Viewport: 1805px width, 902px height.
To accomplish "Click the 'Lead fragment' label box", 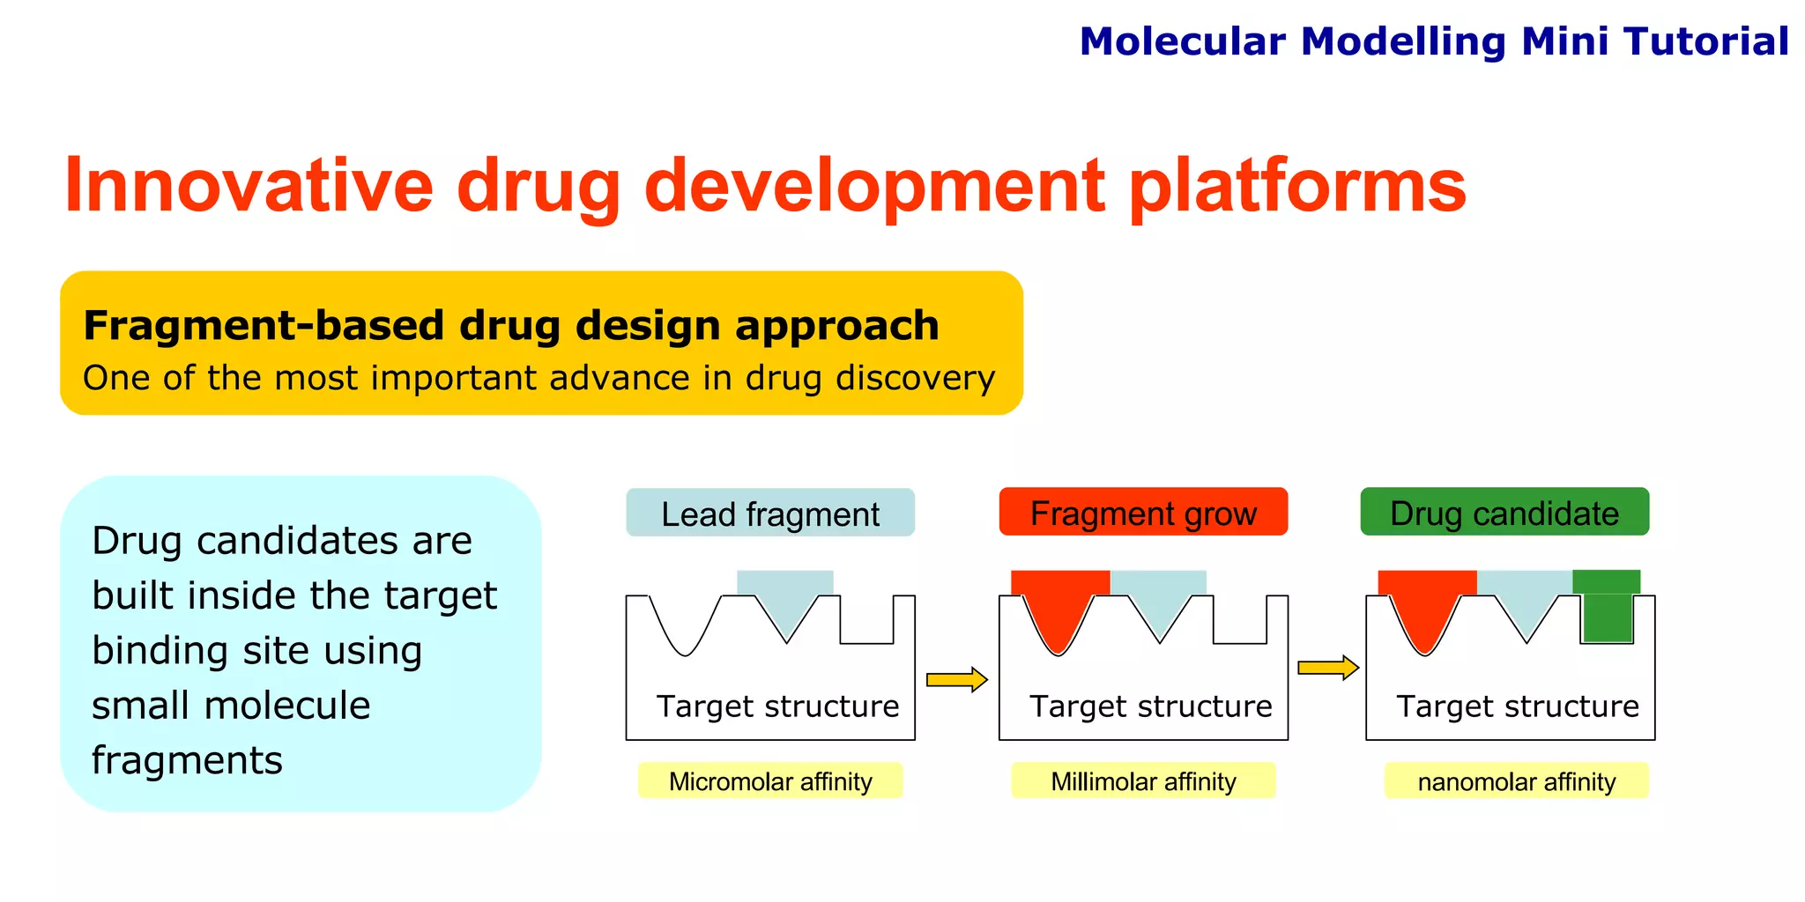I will pos(770,514).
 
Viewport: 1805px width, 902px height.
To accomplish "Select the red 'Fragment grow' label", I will pos(1143,513).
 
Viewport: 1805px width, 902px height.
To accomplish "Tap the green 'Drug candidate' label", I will pos(1504,513).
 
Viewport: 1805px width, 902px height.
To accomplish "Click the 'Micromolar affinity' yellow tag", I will pos(770,781).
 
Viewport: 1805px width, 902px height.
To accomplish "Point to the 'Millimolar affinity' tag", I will pos(1143,781).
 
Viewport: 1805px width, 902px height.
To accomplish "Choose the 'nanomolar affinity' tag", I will pos(1516,781).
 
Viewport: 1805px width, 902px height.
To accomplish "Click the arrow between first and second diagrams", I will pos(956,679).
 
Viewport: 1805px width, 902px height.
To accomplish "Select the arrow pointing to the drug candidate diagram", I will pos(1327,668).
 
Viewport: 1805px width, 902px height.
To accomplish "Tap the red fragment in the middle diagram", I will pos(1058,603).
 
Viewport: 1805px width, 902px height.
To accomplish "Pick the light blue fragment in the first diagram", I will pos(785,595).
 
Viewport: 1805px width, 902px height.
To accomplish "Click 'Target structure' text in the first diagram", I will pos(777,706).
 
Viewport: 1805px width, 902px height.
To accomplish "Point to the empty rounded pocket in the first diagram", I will pos(685,625).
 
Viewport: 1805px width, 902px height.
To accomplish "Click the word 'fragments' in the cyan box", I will pos(187,760).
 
